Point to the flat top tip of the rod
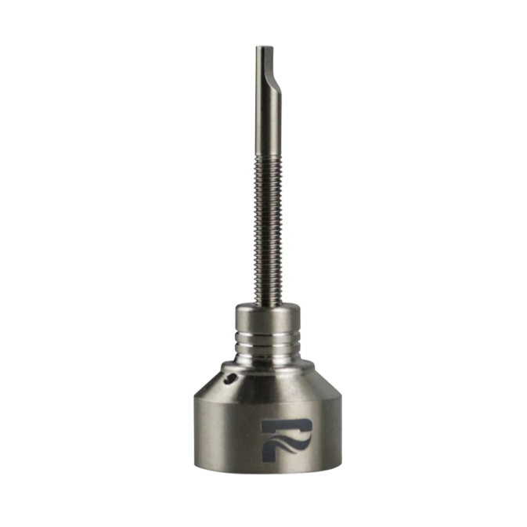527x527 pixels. coord(262,47)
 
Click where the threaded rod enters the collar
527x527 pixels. coord(264,306)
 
